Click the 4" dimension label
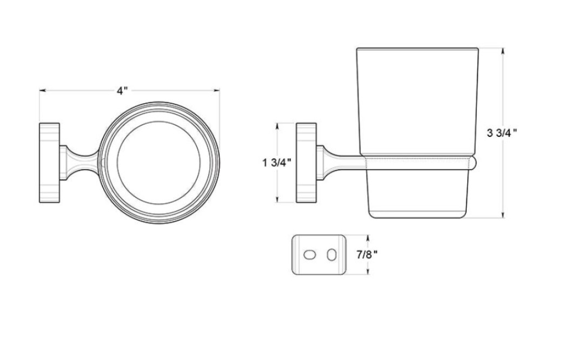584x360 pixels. point(123,90)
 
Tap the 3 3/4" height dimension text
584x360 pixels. point(502,132)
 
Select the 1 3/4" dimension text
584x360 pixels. point(277,163)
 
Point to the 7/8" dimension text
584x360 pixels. point(367,255)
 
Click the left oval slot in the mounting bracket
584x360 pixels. point(309,255)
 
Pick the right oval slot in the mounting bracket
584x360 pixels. point(331,255)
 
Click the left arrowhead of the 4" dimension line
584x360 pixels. point(43,90)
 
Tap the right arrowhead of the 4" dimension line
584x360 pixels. point(216,90)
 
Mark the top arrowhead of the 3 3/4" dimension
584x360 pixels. point(503,51)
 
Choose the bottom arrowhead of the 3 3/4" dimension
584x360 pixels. point(503,215)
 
